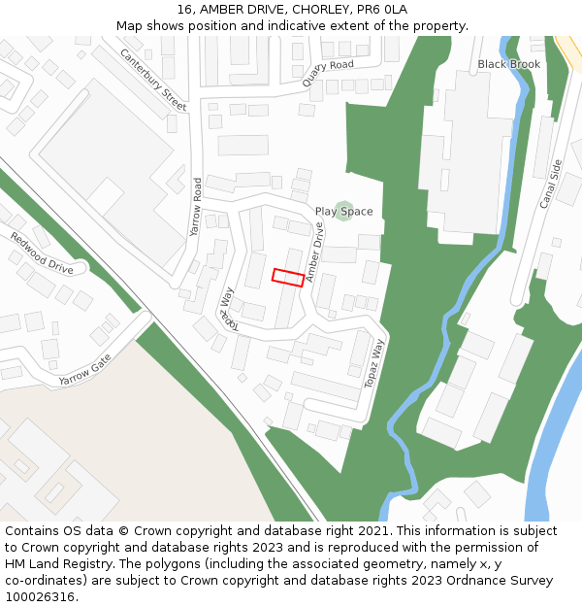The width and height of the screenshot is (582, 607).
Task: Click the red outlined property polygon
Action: click(287, 277)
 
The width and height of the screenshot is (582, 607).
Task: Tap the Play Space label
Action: click(343, 212)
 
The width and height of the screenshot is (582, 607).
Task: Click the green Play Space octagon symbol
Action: click(342, 211)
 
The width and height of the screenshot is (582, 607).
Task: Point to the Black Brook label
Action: click(508, 64)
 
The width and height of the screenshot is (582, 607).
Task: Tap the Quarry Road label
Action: click(327, 73)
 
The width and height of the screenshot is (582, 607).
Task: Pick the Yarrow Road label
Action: click(197, 207)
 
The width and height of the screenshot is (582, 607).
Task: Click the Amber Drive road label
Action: click(315, 253)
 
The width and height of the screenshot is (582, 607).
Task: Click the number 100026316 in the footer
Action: click(40, 596)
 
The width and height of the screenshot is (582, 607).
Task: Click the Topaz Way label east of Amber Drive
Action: click(374, 364)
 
